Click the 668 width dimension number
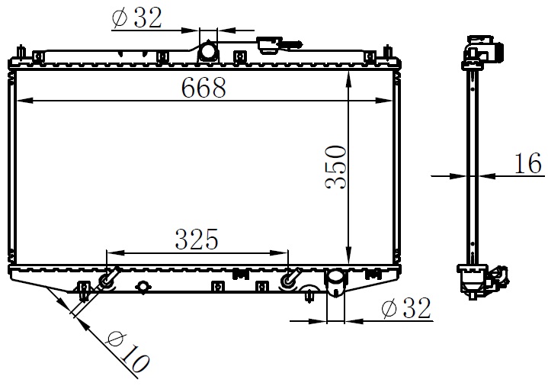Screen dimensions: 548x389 click(203, 88)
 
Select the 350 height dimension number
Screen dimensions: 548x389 click(336, 167)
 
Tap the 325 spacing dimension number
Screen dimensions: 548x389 click(197, 240)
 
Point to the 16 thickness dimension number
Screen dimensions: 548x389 click(528, 163)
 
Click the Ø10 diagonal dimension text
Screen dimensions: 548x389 click(128, 352)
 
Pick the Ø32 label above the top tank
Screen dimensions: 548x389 click(136, 18)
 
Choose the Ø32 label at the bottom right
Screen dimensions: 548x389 click(406, 308)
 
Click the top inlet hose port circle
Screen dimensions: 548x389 click(208, 51)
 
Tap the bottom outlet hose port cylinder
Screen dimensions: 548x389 click(336, 283)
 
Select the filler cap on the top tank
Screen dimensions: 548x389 click(271, 45)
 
